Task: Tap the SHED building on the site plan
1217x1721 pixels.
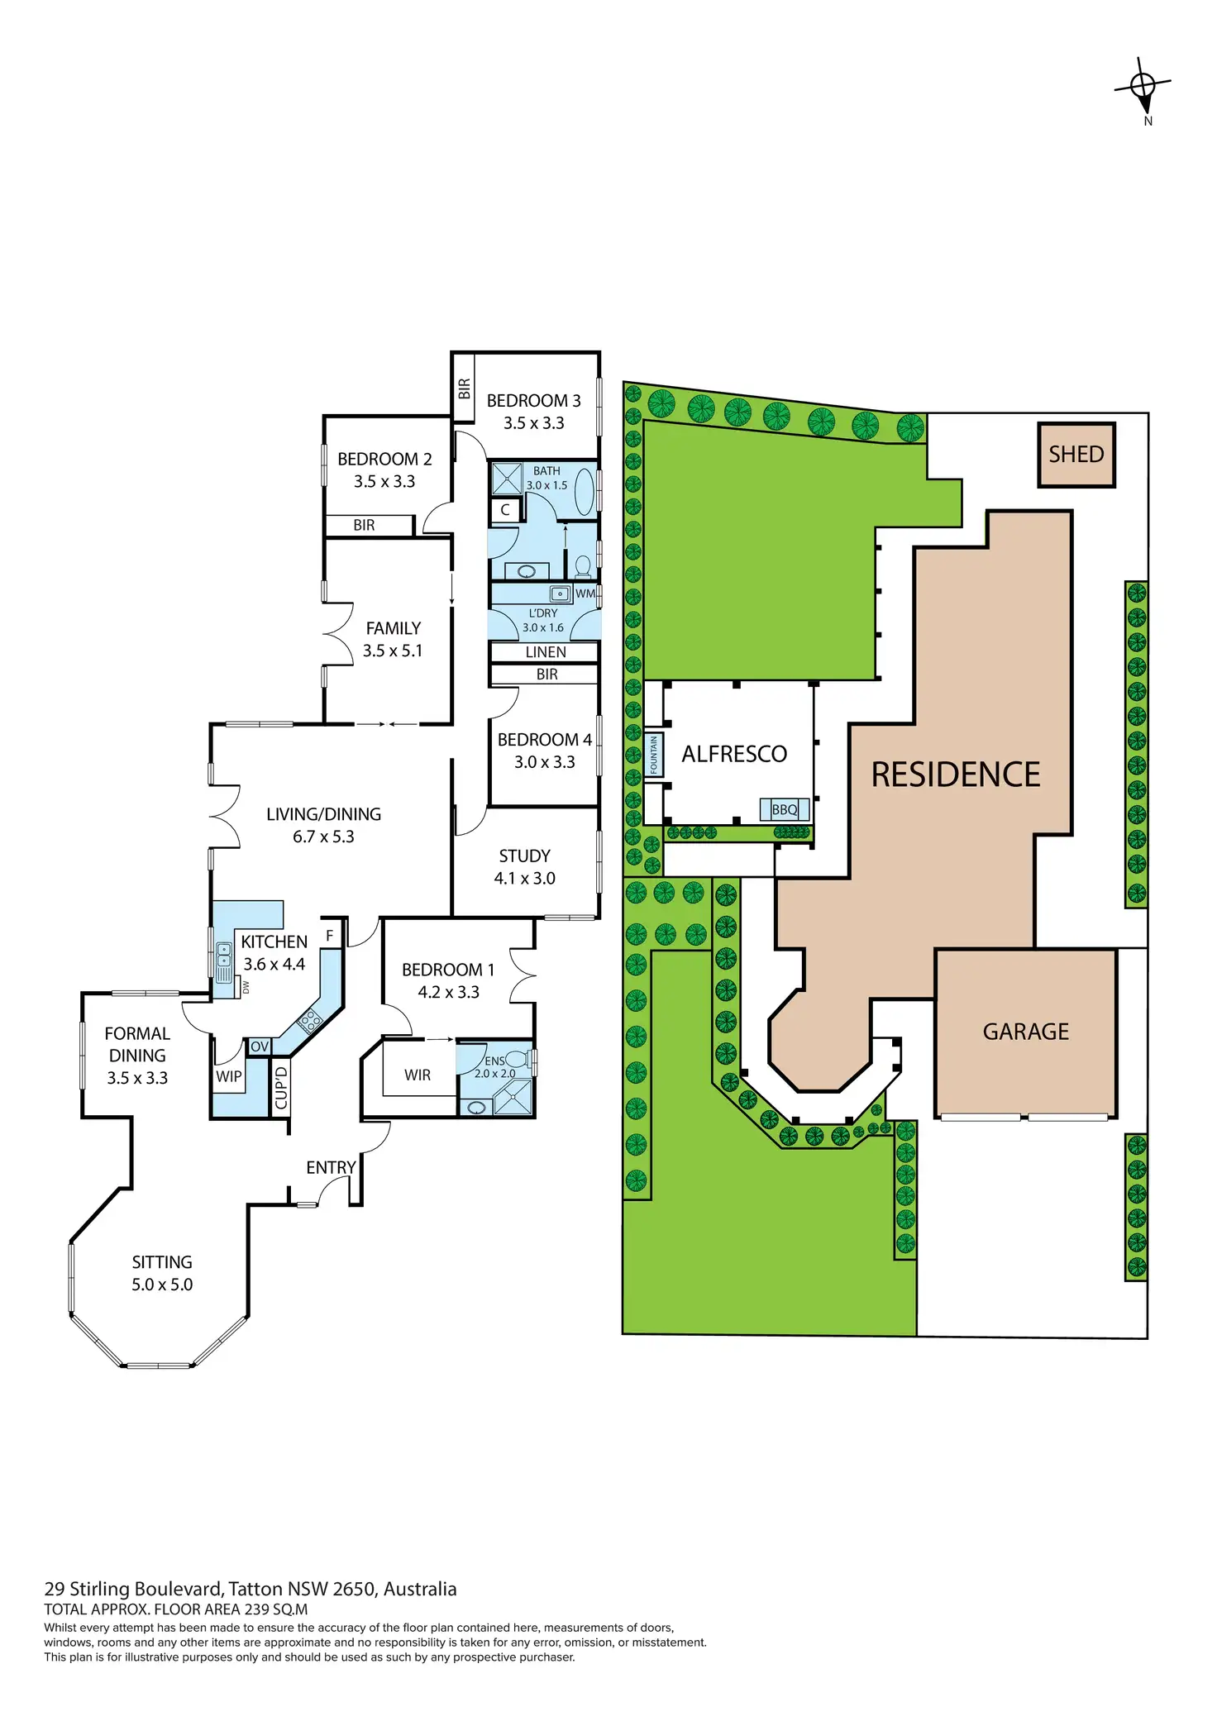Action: (x=1076, y=455)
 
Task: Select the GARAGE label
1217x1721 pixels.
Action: (x=1025, y=1032)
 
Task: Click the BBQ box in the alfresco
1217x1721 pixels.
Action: (x=784, y=809)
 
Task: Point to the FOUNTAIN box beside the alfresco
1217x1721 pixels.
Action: (x=653, y=755)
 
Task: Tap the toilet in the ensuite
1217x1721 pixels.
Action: (x=518, y=1058)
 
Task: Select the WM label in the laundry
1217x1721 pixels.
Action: (x=585, y=594)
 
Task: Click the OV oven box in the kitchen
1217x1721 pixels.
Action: (x=260, y=1046)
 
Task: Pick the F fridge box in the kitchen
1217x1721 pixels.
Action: (x=330, y=936)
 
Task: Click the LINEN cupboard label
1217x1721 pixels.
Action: (x=546, y=652)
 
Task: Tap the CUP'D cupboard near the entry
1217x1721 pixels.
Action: (x=281, y=1087)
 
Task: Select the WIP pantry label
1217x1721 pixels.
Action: (x=229, y=1076)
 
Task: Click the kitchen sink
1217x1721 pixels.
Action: (x=223, y=962)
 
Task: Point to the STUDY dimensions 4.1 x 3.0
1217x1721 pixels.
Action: (x=524, y=878)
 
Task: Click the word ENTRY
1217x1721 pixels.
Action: (x=331, y=1167)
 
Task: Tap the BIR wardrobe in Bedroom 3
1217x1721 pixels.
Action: (x=464, y=388)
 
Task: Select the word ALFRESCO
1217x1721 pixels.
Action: (x=734, y=754)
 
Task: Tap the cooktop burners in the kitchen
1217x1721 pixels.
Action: (x=310, y=1021)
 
